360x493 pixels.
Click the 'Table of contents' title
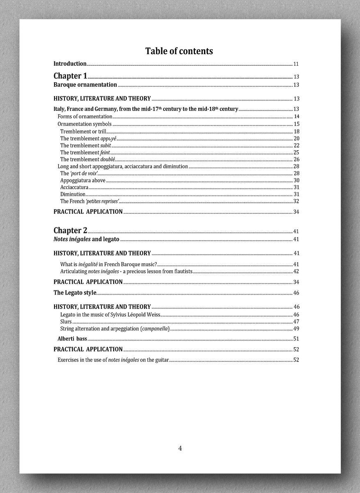click(179, 51)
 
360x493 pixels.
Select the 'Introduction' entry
click(70, 64)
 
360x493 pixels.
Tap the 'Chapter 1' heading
click(70, 76)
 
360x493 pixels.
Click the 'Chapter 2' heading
click(70, 230)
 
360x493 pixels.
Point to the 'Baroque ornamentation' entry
click(85, 85)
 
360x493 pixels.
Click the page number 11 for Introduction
click(296, 64)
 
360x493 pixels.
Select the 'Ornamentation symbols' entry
click(85, 124)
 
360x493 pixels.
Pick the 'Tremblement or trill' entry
click(83, 131)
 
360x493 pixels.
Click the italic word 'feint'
click(105, 152)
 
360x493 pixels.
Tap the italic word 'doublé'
click(108, 159)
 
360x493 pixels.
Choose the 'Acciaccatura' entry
click(74, 187)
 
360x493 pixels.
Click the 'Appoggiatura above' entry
click(83, 180)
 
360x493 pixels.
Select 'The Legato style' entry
click(75, 293)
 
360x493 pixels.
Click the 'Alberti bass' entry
click(72, 339)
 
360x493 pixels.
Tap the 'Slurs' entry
click(66, 322)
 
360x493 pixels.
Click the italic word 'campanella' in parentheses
click(155, 329)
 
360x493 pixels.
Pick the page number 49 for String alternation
click(296, 329)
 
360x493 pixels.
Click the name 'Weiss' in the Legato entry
click(153, 315)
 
